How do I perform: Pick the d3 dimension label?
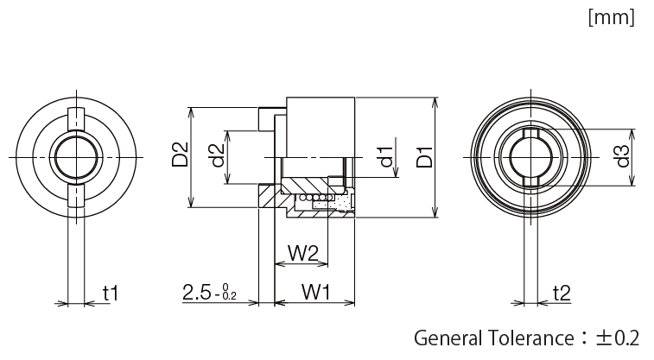620,158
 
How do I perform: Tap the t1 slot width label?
110,294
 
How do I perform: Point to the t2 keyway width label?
561,294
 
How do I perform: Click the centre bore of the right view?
530,158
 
